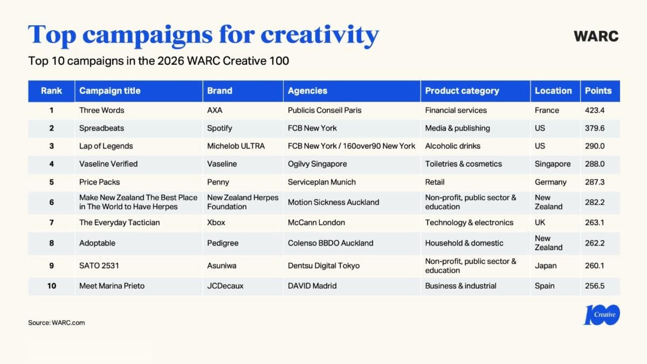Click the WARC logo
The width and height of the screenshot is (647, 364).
click(596, 36)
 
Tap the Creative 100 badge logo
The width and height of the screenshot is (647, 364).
click(602, 315)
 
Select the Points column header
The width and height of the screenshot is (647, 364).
click(598, 91)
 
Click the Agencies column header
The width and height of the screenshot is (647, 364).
click(307, 91)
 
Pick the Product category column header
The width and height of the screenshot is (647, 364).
click(462, 91)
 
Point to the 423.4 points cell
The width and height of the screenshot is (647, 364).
click(596, 110)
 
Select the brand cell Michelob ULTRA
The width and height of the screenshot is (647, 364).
click(236, 146)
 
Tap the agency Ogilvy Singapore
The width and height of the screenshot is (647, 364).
click(317, 163)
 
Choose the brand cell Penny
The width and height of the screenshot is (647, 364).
click(218, 182)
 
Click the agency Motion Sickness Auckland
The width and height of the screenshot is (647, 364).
click(333, 202)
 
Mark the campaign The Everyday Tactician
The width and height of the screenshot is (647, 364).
click(119, 222)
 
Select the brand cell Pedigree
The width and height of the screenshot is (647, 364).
click(223, 243)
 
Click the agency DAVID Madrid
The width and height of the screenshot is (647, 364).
click(312, 286)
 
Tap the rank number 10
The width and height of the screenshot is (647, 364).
click(51, 286)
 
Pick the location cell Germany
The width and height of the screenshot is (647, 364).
click(550, 182)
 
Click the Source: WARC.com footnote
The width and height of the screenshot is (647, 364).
click(56, 322)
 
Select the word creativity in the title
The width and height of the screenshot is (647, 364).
click(320, 35)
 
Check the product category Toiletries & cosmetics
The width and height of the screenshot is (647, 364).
click(463, 163)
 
